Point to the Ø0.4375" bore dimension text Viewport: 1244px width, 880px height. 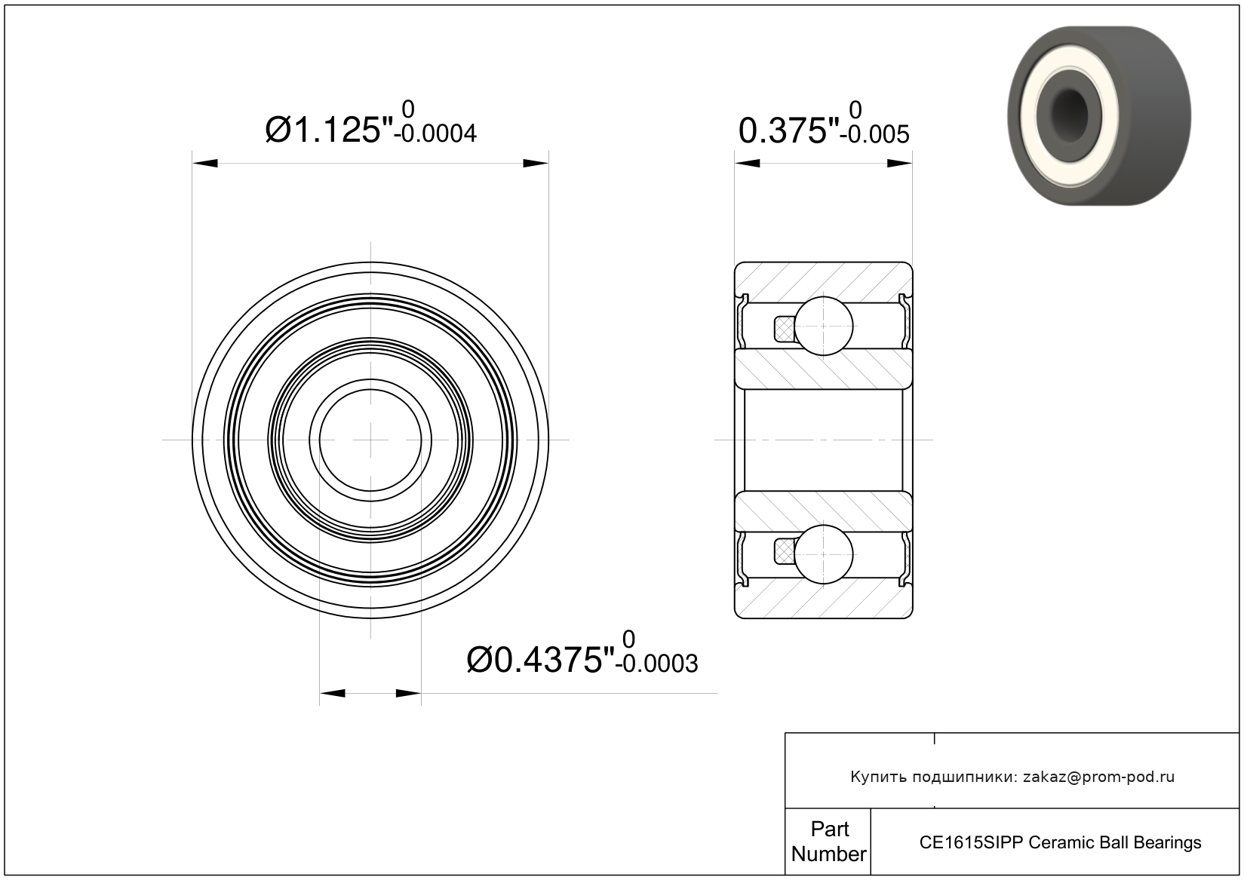point(541,660)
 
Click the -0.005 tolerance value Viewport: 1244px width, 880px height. point(874,135)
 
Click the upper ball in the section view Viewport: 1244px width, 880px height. point(824,326)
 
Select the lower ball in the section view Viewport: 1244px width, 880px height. point(824,554)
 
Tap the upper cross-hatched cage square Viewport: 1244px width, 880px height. point(785,329)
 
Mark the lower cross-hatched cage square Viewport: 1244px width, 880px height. point(785,552)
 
